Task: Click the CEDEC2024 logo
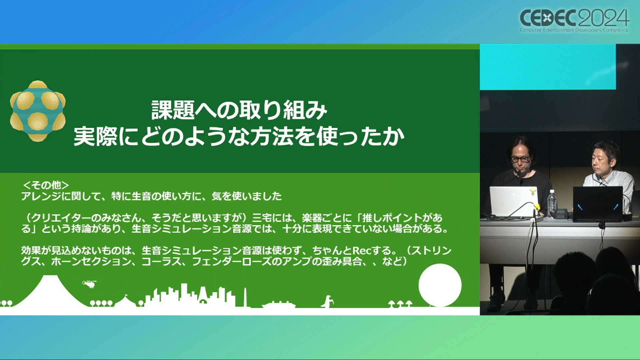pos(574,20)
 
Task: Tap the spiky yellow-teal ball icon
pos(38,111)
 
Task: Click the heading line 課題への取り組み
pos(239,110)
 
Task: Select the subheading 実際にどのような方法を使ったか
pos(239,137)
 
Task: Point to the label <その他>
pos(46,185)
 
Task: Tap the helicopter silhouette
pos(89,284)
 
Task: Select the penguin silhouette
pos(327,302)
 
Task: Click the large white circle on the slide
pos(440,285)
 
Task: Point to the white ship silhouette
pos(279,305)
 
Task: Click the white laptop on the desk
pos(514,202)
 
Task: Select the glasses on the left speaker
pos(520,159)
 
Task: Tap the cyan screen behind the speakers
pos(548,67)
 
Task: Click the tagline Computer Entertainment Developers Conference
pos(574,30)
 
